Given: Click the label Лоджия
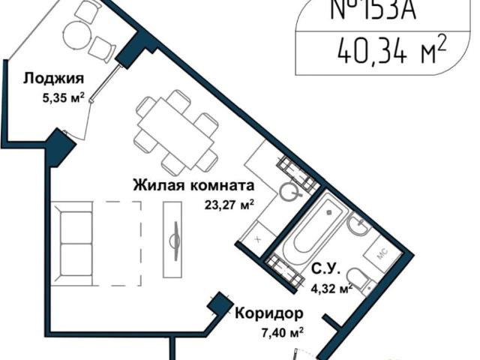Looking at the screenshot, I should point(52,79).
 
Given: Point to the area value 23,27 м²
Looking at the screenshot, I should point(228,202).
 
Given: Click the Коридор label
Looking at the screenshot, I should point(268,313).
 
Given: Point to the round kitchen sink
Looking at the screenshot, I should point(288,192).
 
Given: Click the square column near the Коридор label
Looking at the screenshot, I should point(218,304).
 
